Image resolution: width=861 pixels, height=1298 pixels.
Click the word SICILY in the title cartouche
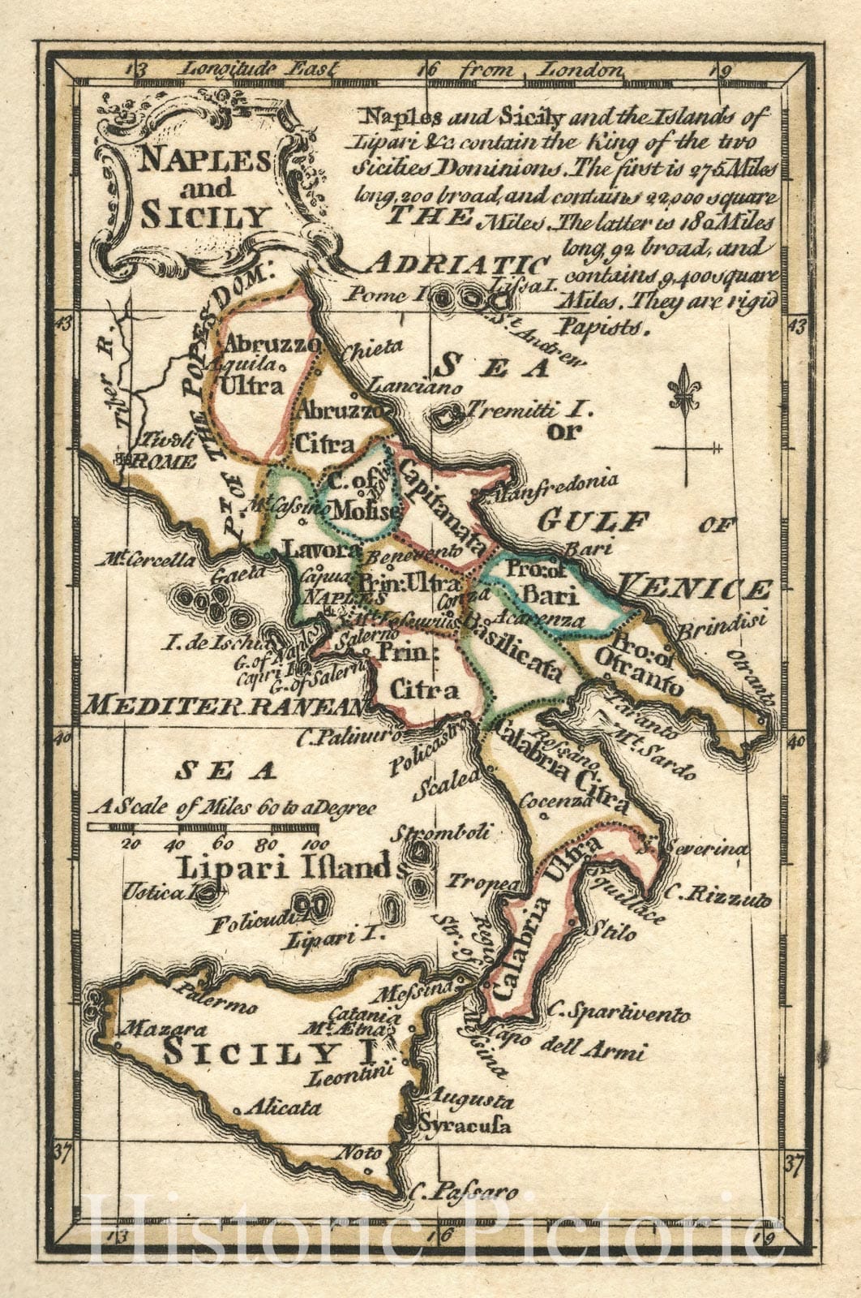pos(204,216)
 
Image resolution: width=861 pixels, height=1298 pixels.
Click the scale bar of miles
pos(203,827)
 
